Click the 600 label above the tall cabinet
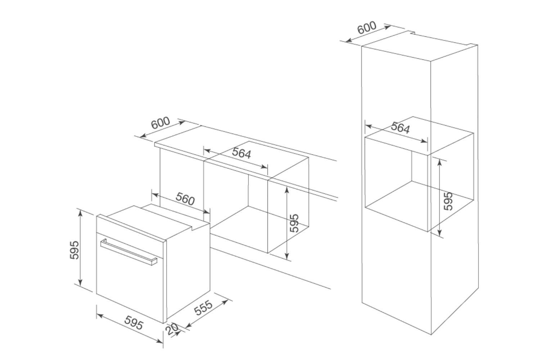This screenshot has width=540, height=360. click(367, 28)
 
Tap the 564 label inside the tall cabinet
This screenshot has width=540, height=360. click(400, 128)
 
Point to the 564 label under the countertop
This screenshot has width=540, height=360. click(241, 153)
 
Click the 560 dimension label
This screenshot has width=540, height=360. click(185, 199)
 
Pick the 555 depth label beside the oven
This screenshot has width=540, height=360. click(203, 308)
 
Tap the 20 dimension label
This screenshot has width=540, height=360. click(172, 329)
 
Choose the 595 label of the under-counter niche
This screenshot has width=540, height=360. click(294, 223)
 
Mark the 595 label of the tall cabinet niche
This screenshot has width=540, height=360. click(448, 201)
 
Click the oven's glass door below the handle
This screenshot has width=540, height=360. click(130, 284)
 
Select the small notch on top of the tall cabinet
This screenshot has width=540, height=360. click(413, 33)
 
